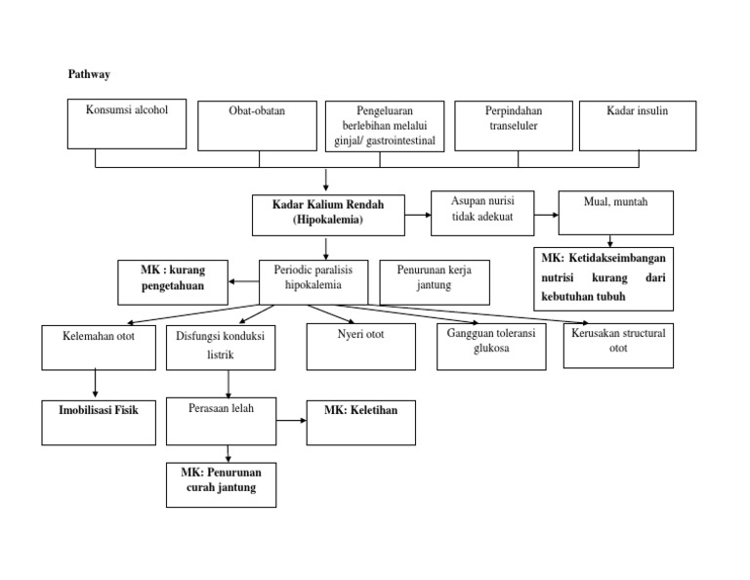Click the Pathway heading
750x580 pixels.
tap(88, 74)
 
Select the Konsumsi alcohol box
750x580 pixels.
tap(127, 123)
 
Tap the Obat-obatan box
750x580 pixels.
tap(258, 125)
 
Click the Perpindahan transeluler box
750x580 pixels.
tap(513, 125)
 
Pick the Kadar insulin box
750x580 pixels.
tap(637, 125)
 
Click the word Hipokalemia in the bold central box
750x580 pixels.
tap(327, 221)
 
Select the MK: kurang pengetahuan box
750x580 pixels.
tap(173, 280)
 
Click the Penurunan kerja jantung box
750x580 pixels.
tap(433, 281)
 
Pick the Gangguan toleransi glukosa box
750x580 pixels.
tap(490, 346)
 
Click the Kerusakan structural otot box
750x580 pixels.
tap(618, 345)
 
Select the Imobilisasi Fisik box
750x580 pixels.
tap(98, 421)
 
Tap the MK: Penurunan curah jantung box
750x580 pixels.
tap(221, 484)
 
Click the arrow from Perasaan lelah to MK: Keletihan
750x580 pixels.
tap(290, 421)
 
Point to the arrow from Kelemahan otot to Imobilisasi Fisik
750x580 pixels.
tap(96, 383)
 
